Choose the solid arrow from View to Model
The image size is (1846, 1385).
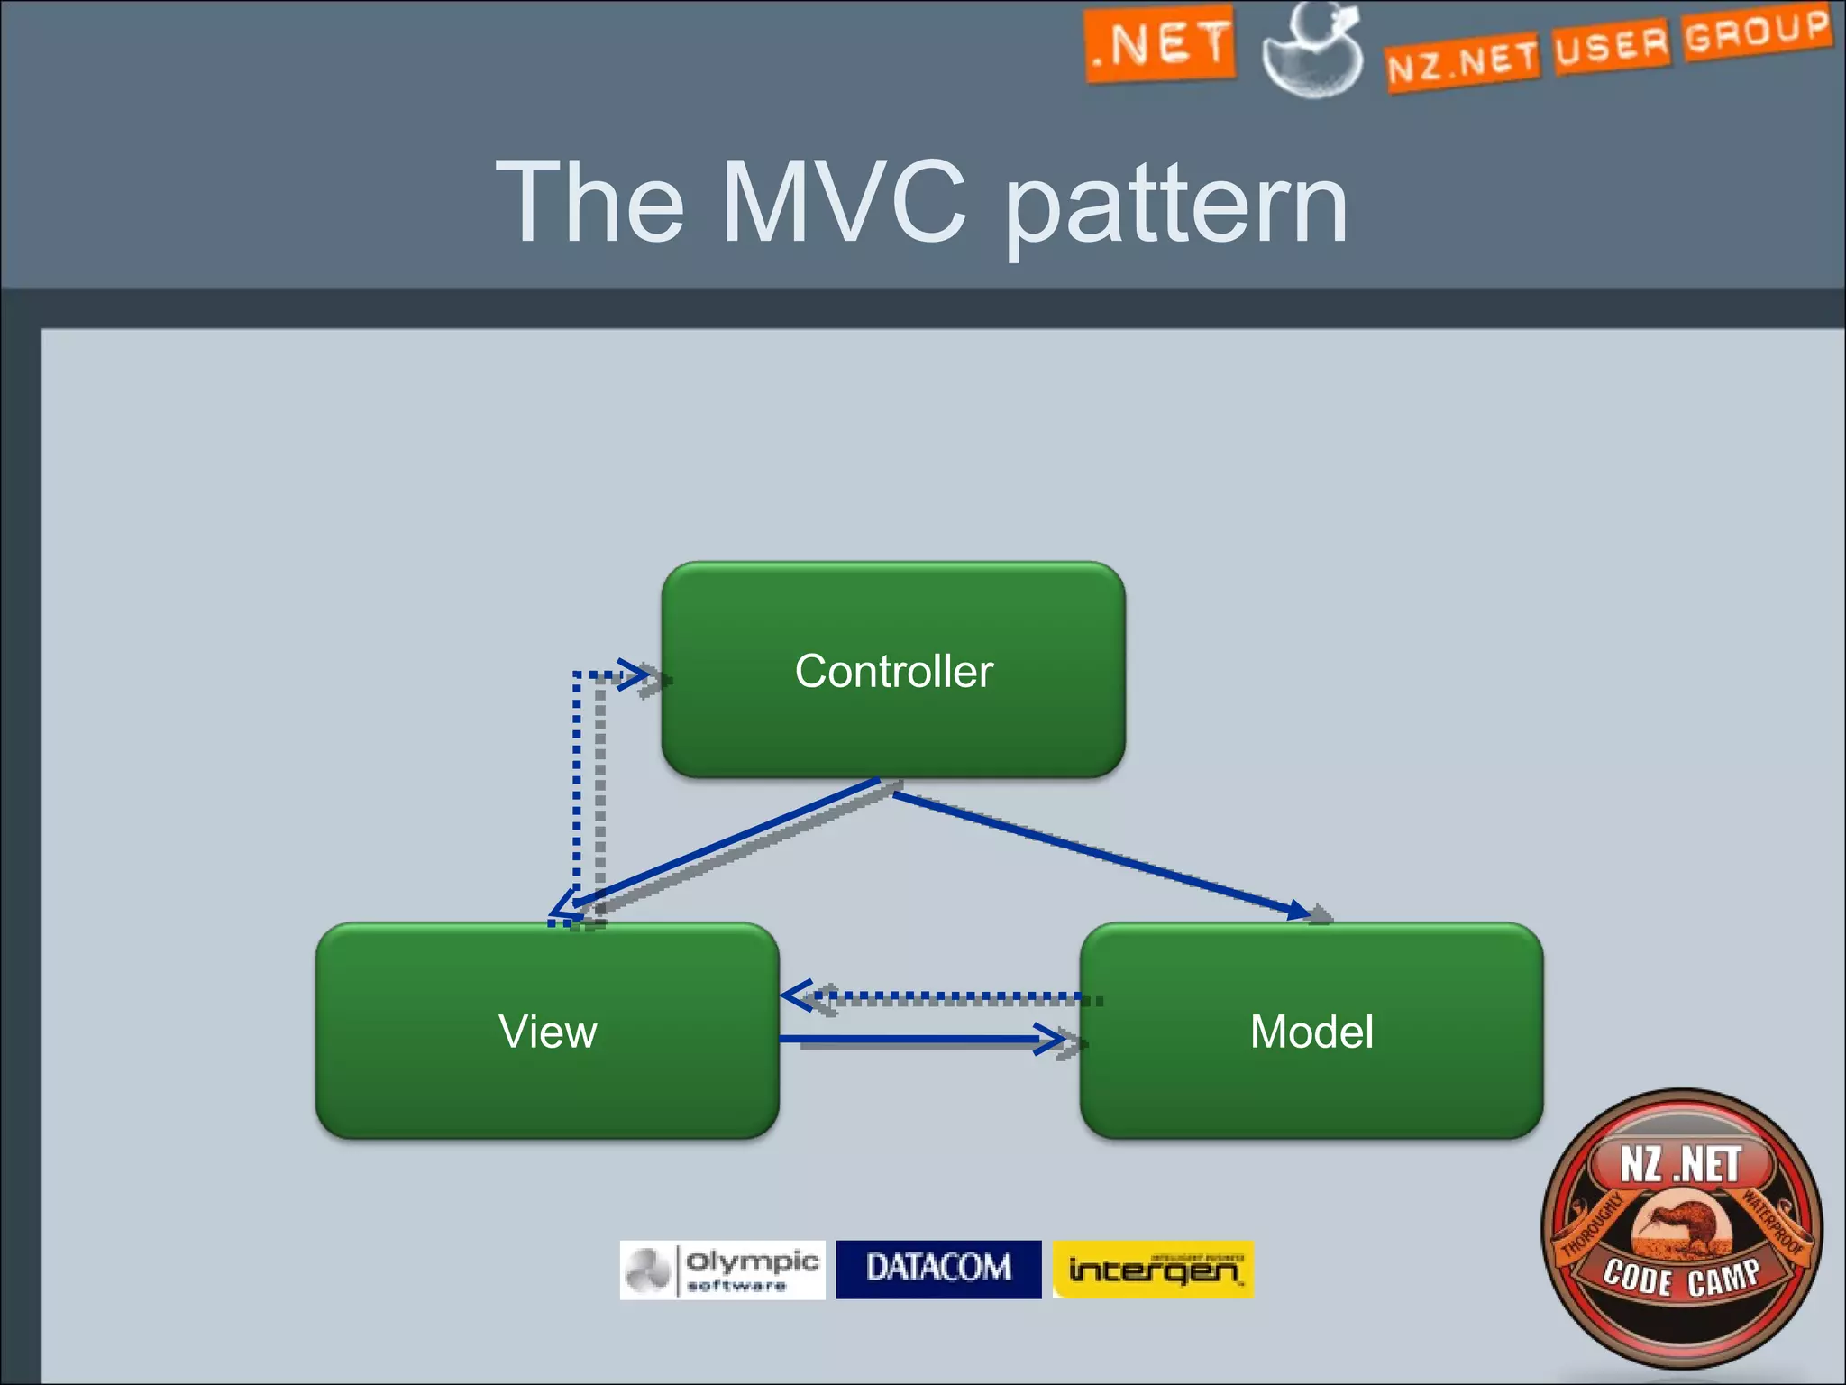(919, 1040)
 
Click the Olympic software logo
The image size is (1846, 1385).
(722, 1270)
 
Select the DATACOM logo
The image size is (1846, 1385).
(938, 1269)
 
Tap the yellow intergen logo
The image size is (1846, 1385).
(1153, 1269)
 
